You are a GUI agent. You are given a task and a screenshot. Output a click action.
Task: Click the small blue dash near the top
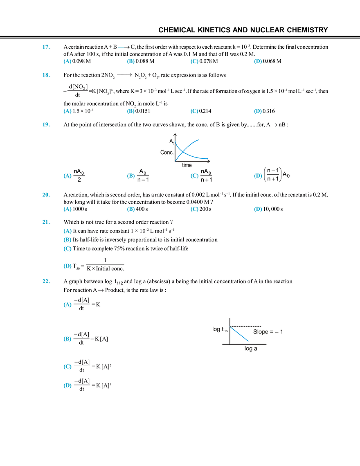(121, 47)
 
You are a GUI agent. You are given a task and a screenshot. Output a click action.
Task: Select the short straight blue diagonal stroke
(240, 335)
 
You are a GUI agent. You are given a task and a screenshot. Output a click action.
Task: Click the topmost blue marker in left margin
(45, 46)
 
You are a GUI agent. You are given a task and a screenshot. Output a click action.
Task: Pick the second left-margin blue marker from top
(46, 75)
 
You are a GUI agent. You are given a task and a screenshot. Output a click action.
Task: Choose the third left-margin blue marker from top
(45, 124)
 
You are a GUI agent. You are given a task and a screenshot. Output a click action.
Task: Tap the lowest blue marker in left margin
(46, 281)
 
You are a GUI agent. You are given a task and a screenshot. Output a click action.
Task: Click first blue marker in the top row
(67, 62)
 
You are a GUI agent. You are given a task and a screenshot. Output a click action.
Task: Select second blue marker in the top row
(130, 62)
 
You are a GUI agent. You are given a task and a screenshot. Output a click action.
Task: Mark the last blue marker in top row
(257, 62)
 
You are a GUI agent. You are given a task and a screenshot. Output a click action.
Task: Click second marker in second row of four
(130, 111)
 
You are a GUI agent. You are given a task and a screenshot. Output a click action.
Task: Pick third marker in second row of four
(195, 111)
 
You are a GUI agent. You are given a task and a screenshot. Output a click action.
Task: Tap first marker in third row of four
(67, 176)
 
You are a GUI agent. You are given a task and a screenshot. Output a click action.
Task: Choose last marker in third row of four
(257, 176)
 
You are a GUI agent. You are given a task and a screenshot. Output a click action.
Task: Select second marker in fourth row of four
(130, 209)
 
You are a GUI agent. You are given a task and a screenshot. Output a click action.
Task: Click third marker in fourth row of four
(195, 209)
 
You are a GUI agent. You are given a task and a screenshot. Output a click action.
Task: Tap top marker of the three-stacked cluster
(67, 231)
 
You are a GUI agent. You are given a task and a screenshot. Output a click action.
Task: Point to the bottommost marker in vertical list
(67, 385)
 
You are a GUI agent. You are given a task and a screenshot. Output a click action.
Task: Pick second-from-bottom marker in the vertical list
(67, 367)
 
